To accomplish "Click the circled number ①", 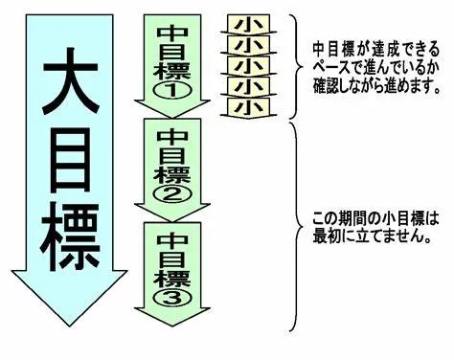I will point(171,89).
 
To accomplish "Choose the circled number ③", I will point(171,295).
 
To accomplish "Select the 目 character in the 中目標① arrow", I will point(171,50).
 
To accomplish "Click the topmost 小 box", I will point(251,24).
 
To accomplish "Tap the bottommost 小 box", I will point(251,107).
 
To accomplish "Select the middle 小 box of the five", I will point(251,66).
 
